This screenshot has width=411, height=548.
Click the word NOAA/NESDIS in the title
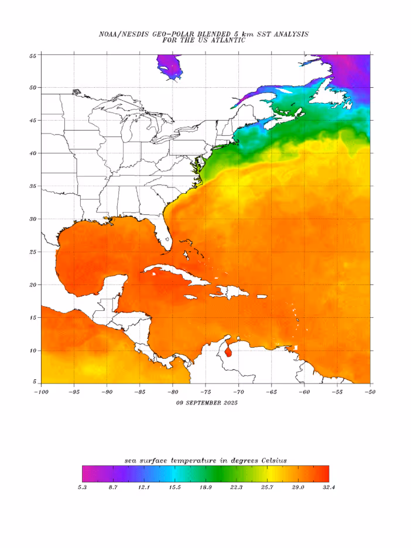(125, 35)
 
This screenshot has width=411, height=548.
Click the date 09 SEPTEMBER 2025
(207, 403)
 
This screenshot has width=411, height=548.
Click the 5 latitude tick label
(35, 383)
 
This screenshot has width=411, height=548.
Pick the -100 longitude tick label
(41, 391)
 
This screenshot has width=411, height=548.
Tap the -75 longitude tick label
(205, 391)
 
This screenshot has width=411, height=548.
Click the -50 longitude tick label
(369, 391)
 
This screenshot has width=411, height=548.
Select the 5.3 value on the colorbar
(83, 488)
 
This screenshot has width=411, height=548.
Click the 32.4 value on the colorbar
(328, 488)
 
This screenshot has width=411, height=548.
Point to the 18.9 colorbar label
(206, 488)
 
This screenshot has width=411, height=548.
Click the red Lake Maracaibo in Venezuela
(228, 351)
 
